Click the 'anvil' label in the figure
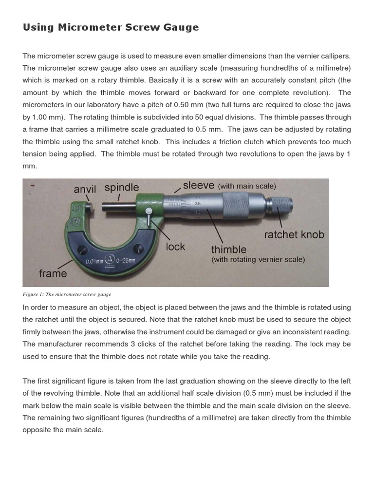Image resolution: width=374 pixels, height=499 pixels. click(85, 189)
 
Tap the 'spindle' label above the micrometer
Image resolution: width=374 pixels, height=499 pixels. click(122, 188)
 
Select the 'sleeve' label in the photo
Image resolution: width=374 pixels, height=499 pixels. click(199, 185)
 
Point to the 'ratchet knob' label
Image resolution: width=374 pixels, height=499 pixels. click(294, 234)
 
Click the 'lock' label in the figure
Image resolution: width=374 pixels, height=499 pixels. click(175, 247)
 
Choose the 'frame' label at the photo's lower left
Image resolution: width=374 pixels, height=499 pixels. click(53, 273)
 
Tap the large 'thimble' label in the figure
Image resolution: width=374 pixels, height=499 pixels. click(228, 250)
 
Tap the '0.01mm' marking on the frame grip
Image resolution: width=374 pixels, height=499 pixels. click(95, 261)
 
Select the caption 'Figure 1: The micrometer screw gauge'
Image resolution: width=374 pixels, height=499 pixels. click(67, 294)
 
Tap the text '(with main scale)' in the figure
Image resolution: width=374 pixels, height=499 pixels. click(247, 186)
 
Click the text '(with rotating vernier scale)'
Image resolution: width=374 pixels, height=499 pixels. click(258, 260)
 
